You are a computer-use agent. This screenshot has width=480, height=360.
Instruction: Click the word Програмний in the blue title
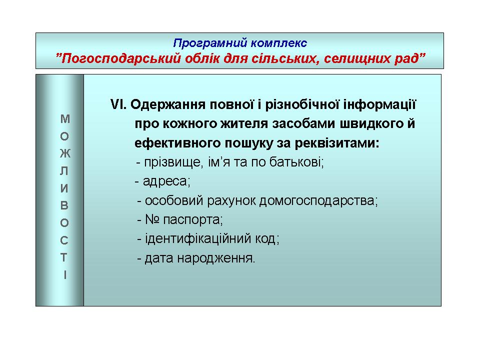[210, 43]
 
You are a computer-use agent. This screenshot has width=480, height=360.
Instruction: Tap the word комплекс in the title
[279, 43]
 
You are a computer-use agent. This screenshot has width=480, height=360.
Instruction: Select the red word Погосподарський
[118, 58]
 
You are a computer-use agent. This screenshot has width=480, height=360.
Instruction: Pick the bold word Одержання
[168, 105]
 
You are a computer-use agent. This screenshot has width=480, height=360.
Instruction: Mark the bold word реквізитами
[337, 143]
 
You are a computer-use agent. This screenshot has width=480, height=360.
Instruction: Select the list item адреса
[166, 181]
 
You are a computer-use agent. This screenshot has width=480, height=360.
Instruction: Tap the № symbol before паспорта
[152, 219]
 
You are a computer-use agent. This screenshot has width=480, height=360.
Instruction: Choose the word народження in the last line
[216, 258]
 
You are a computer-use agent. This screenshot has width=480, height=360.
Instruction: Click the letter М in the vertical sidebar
[65, 119]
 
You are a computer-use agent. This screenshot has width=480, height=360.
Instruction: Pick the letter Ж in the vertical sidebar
[65, 153]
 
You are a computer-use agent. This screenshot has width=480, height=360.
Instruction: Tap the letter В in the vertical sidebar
[64, 205]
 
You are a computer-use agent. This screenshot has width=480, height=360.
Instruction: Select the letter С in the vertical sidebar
[64, 240]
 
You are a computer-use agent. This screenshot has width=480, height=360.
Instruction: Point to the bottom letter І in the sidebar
[65, 275]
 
